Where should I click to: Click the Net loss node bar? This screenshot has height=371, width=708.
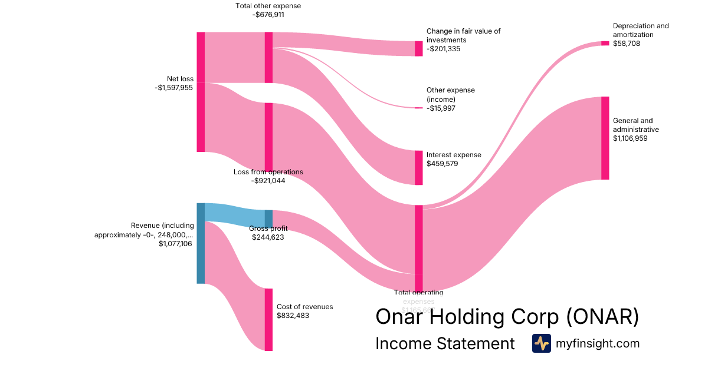point(201,92)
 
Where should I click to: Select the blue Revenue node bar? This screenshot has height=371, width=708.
point(201,243)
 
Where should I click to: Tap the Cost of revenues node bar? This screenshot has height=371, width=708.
point(268,319)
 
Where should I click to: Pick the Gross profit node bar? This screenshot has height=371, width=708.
point(268,218)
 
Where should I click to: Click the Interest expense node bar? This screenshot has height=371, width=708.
point(419,167)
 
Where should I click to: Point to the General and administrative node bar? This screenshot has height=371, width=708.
point(605,138)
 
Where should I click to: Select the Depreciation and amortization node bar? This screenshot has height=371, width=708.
point(605,43)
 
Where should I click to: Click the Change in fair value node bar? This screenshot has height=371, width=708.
point(419,48)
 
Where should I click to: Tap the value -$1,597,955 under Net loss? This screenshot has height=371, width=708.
point(173,88)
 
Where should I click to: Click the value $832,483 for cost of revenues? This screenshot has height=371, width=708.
point(293,316)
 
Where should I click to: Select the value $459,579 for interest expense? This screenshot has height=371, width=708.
point(442,164)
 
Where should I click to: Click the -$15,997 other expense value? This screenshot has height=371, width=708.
point(441,108)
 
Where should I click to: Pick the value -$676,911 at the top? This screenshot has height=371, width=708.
point(268,15)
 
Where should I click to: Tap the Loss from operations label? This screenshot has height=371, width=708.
point(268,172)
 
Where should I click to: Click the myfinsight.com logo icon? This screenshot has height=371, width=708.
point(541,343)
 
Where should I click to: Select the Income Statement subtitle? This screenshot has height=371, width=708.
point(445,344)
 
